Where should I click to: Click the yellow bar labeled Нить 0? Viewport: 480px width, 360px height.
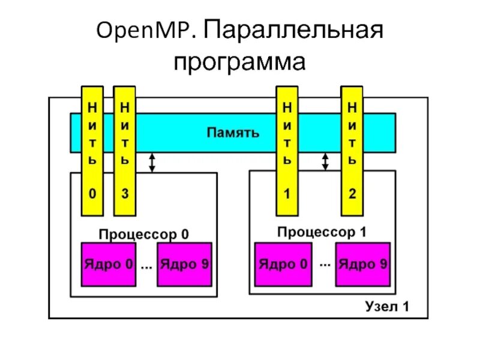(x=92, y=150)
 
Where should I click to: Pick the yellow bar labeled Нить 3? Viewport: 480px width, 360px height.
(x=124, y=150)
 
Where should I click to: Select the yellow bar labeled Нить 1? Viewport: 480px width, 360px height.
(x=287, y=150)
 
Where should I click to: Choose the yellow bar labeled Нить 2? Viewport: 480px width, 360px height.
(x=352, y=150)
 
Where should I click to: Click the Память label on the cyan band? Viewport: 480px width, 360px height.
(x=233, y=133)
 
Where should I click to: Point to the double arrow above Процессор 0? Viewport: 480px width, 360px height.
(x=152, y=162)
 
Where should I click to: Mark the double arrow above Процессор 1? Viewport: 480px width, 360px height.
(x=325, y=161)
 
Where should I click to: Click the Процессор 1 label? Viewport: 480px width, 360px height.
(x=322, y=232)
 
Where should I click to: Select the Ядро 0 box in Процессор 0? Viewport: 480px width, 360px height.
(x=108, y=265)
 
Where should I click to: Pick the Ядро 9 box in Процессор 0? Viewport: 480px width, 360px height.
(x=184, y=265)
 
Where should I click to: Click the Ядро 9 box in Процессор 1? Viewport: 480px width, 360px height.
(x=363, y=265)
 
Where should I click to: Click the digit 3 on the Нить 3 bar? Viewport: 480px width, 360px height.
(x=124, y=194)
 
